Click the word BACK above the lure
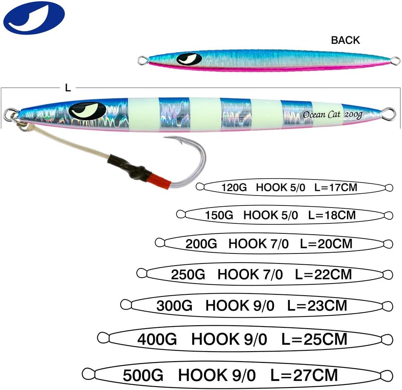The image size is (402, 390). (345, 40)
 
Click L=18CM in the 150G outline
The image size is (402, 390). (332, 215)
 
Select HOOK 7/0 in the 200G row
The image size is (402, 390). (259, 244)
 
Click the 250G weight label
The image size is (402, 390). (188, 274)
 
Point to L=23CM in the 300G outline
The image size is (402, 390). (317, 306)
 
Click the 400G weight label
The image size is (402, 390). (157, 339)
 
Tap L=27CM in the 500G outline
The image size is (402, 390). (304, 375)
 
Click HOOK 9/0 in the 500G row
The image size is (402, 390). (217, 375)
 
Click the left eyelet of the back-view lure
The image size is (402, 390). (142, 61)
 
